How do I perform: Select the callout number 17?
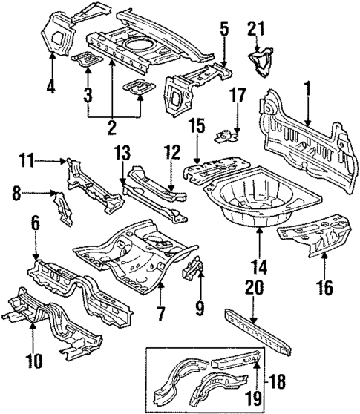point(237,95)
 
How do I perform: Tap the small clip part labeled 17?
point(226,134)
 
